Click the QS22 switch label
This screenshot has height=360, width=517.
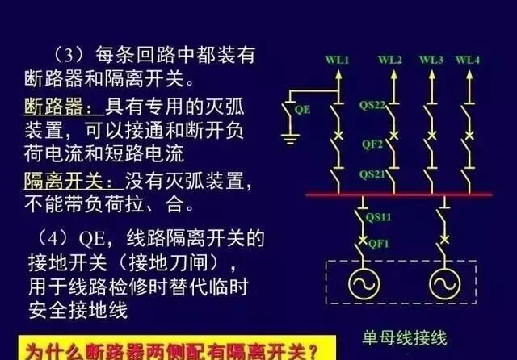pos(372,104)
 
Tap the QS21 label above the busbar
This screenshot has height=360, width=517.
pos(372,174)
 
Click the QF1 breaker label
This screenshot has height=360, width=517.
pos(378,242)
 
